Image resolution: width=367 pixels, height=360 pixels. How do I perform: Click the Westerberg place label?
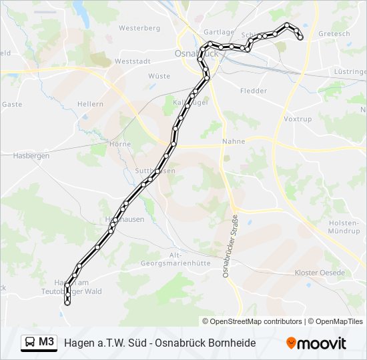tap(139, 29)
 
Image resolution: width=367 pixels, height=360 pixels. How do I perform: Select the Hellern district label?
tap(90, 104)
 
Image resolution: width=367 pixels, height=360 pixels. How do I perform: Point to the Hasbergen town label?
tap(31, 155)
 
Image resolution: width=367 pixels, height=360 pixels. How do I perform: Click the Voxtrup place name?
tap(298, 119)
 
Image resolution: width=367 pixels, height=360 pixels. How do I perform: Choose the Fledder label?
tap(253, 91)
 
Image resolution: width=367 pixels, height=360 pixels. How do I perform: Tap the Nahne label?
tap(234, 141)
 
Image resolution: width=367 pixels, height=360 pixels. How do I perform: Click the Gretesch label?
tap(334, 33)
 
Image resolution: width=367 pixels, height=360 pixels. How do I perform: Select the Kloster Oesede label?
tap(320, 273)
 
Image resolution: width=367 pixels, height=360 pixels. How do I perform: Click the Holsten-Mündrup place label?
tap(344, 227)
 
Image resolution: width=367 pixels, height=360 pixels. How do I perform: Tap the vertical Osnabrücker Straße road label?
tap(226, 239)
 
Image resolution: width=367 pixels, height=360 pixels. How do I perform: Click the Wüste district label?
tap(159, 76)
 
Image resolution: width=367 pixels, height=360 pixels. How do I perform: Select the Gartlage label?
tap(219, 32)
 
